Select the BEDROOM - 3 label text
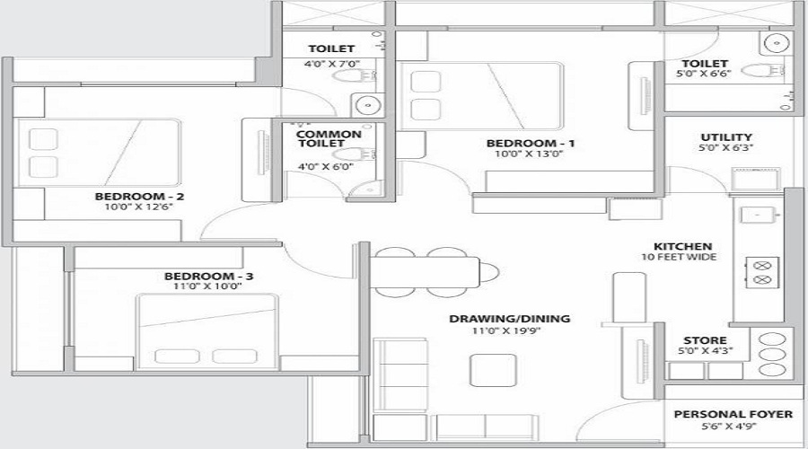pyautogui.click(x=208, y=276)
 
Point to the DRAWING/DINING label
pyautogui.click(x=510, y=319)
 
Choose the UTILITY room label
pyautogui.click(x=720, y=137)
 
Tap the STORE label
pyautogui.click(x=699, y=340)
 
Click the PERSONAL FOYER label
pyautogui.click(x=733, y=414)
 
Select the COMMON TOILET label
pyautogui.click(x=329, y=140)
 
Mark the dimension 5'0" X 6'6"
pyautogui.click(x=704, y=75)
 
